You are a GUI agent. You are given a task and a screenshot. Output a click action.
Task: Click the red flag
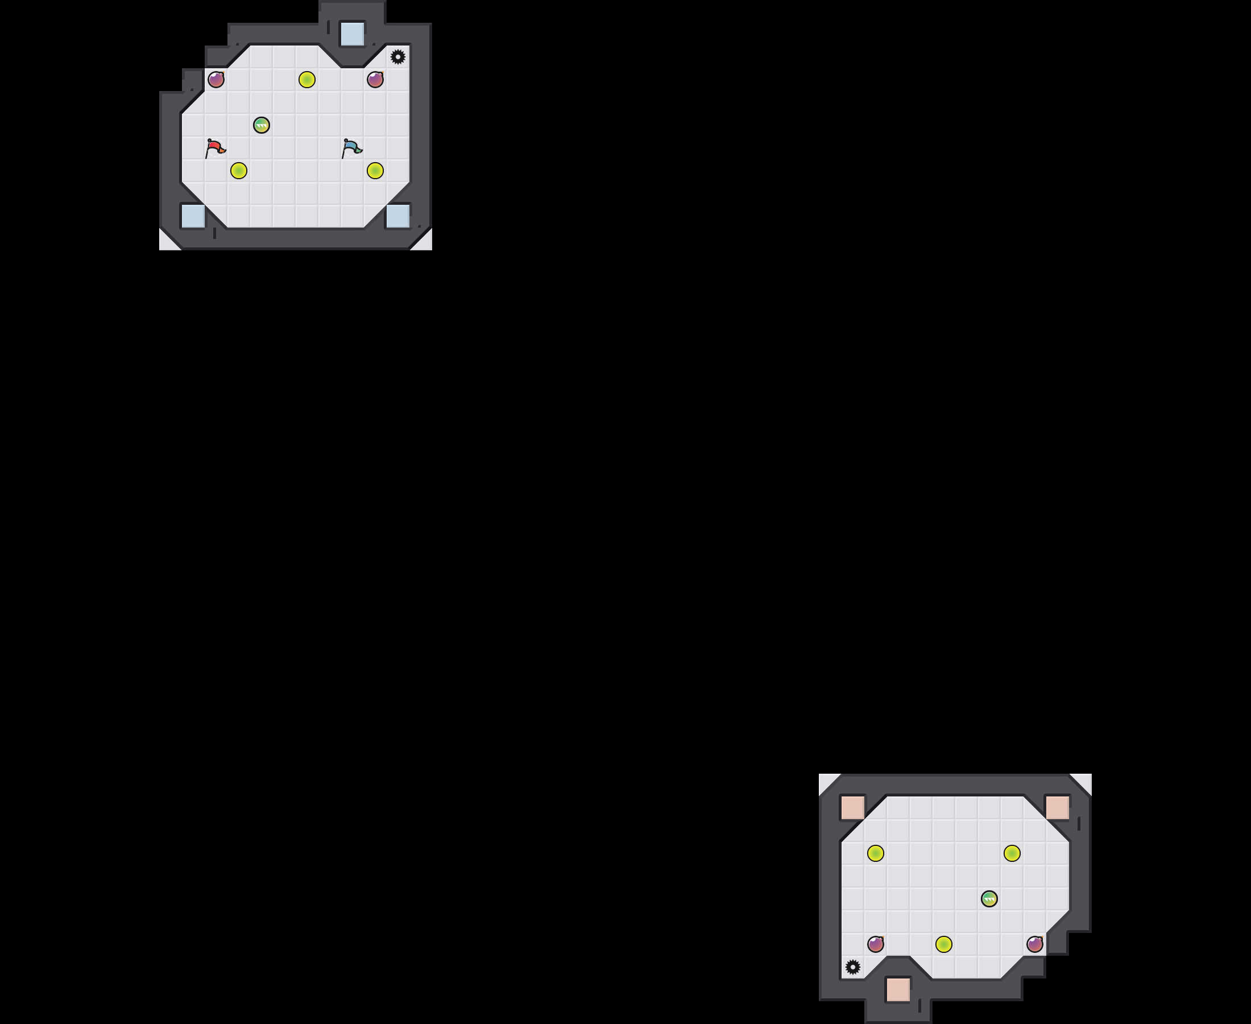click(215, 147)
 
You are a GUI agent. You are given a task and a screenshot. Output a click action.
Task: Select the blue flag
click(352, 147)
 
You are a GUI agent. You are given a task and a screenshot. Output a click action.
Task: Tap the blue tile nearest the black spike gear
click(353, 34)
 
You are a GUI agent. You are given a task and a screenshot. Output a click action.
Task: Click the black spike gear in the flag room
click(398, 57)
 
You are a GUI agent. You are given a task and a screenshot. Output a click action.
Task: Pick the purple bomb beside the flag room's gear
click(375, 79)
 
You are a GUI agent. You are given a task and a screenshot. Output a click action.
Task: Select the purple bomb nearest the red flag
click(216, 79)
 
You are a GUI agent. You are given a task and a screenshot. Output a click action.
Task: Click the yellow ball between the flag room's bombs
click(306, 79)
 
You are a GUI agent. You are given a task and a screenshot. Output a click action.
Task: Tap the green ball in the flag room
click(261, 125)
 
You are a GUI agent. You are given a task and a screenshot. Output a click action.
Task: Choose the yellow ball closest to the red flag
click(238, 171)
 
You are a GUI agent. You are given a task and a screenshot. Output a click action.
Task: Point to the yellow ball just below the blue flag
click(375, 171)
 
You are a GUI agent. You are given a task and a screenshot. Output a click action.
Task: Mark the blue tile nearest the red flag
click(193, 216)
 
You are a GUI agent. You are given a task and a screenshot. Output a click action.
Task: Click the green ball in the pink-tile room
click(989, 898)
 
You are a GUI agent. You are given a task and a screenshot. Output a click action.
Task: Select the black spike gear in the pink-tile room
click(852, 967)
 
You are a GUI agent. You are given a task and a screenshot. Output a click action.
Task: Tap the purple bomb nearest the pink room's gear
click(876, 944)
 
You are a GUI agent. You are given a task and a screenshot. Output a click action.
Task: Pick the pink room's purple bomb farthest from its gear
click(1035, 944)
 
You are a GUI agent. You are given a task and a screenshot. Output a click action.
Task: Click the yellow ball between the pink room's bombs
click(944, 944)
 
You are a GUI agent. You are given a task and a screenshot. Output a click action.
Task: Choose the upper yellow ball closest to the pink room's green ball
click(1012, 853)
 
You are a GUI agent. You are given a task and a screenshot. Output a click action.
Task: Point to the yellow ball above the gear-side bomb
click(876, 853)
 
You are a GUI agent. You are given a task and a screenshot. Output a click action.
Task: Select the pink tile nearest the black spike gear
click(898, 989)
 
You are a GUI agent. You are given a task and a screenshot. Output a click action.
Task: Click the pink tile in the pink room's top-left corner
click(852, 807)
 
